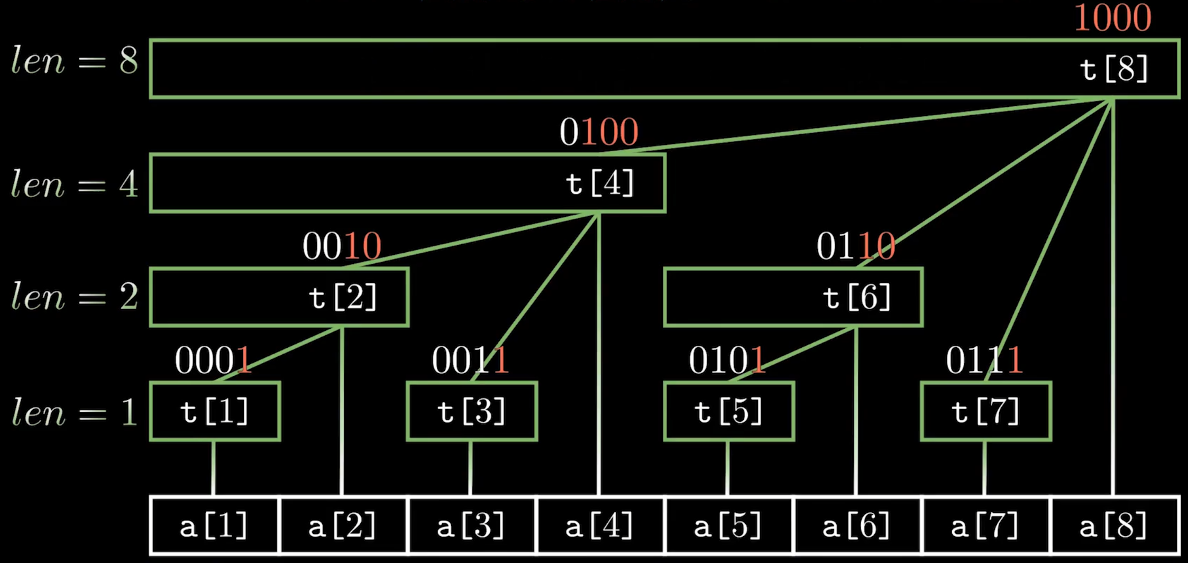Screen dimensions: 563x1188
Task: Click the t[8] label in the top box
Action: click(1113, 69)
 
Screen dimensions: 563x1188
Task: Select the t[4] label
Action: click(600, 184)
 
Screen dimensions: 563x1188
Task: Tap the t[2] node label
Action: click(343, 297)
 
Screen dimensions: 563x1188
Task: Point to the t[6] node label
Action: click(857, 297)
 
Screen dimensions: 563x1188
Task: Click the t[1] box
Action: click(215, 411)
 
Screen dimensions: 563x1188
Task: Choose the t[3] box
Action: click(472, 411)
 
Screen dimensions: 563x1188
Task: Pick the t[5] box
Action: click(729, 411)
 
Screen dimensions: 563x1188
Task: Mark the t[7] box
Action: click(986, 411)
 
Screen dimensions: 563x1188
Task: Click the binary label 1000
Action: click(1112, 18)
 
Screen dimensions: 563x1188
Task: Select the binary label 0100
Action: click(599, 132)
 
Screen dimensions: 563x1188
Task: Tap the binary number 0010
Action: click(342, 246)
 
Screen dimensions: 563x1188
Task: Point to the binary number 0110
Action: click(855, 246)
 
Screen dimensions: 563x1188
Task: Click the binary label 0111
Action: click(984, 361)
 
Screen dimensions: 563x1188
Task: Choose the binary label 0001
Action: click(213, 361)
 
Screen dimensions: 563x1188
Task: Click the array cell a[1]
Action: click(214, 526)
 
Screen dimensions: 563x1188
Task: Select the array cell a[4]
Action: click(600, 526)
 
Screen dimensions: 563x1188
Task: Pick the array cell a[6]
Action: click(857, 526)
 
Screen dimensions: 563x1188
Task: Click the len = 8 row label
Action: click(75, 61)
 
